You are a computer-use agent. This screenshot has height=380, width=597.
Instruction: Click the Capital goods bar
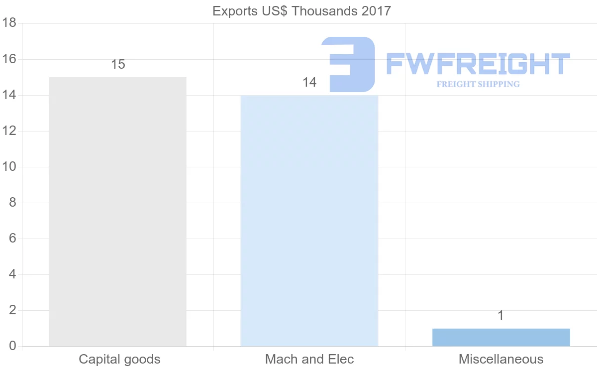tap(117, 212)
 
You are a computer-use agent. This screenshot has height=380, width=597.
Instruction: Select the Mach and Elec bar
tap(309, 221)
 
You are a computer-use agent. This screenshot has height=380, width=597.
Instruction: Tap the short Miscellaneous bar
tap(501, 337)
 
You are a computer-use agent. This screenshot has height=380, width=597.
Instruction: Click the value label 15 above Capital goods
tap(118, 65)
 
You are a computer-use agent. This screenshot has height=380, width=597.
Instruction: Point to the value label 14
tap(309, 83)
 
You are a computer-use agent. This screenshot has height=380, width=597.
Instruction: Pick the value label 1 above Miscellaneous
tap(501, 316)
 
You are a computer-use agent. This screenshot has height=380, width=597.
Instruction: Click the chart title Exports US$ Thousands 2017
tap(302, 11)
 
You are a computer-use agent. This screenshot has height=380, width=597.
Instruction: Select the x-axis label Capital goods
tap(119, 359)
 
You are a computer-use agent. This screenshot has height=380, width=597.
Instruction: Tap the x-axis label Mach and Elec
tap(309, 359)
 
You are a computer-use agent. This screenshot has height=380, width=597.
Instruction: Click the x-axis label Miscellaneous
tap(501, 359)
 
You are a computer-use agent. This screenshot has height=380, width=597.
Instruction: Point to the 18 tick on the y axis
tap(10, 23)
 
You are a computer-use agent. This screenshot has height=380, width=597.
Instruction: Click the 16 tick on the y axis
tap(10, 59)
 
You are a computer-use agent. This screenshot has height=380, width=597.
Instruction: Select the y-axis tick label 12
tap(10, 131)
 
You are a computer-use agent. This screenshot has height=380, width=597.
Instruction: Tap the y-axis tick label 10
tap(10, 167)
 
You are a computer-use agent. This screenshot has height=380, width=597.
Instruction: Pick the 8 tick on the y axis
tap(13, 203)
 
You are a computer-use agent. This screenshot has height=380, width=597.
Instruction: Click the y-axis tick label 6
tap(13, 239)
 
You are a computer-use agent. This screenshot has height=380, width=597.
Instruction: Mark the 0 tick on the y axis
tap(13, 346)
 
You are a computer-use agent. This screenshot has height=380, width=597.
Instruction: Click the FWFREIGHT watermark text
tap(478, 64)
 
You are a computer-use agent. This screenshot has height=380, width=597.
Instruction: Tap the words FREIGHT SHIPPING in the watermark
tap(478, 84)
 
